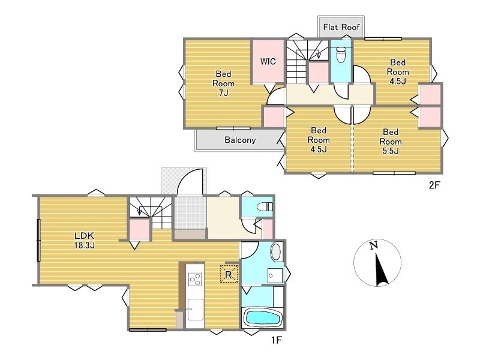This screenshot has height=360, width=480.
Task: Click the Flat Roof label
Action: (341, 27)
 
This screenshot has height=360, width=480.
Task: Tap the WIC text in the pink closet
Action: (268, 61)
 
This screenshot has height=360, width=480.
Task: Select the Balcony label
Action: (240, 140)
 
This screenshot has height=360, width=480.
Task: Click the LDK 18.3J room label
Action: (84, 241)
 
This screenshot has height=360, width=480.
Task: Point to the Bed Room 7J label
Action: (223, 83)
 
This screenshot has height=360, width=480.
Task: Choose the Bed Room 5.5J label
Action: (391, 142)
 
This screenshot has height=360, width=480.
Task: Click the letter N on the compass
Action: (373, 245)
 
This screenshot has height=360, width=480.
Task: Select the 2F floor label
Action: (434, 185)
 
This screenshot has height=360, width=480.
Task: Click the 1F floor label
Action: (276, 340)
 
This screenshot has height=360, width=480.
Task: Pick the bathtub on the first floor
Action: (263, 318)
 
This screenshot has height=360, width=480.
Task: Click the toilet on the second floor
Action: (341, 55)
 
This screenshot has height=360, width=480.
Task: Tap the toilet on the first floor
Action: (265, 206)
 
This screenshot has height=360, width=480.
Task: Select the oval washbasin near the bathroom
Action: (276, 251)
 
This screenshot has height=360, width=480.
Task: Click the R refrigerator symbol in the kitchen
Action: (229, 274)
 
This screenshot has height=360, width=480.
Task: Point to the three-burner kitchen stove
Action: (195, 279)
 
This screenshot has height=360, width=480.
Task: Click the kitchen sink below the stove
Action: (196, 309)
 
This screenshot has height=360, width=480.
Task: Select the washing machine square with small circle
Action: (275, 276)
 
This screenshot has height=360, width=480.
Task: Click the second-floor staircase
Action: (307, 61)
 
